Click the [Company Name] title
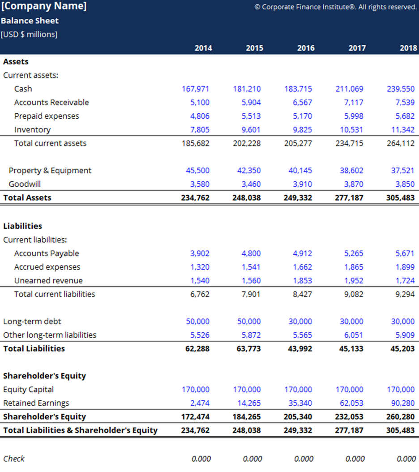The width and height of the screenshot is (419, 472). (x=44, y=7)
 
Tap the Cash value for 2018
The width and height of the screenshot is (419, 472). (x=401, y=89)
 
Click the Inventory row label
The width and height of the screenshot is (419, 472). (x=32, y=129)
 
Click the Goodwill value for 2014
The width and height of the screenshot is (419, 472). (x=200, y=184)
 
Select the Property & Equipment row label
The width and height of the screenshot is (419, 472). (x=50, y=170)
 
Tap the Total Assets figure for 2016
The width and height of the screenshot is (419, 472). (x=298, y=197)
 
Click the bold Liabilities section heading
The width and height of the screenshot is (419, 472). (x=22, y=226)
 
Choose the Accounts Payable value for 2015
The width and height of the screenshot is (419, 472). (x=251, y=253)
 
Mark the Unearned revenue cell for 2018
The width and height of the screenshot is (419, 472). (x=405, y=280)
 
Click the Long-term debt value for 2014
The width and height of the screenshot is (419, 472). (x=197, y=321)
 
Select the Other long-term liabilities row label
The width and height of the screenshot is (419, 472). (x=50, y=335)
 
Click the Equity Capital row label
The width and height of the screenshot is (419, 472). (x=28, y=389)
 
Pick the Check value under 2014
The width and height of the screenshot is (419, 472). (x=201, y=459)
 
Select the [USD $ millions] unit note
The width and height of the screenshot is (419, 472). (x=29, y=34)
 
